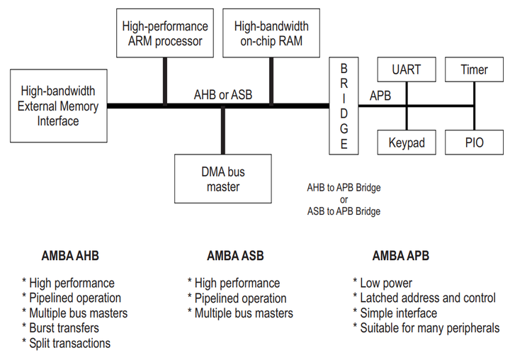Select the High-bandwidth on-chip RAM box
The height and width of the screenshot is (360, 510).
[x=271, y=33]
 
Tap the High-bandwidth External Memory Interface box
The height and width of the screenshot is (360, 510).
[x=57, y=106]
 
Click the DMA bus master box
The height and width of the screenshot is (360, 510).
[x=223, y=179]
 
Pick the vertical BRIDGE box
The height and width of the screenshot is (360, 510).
[x=344, y=106]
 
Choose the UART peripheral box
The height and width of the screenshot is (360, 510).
[x=407, y=69]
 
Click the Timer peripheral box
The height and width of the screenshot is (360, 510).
[x=474, y=69]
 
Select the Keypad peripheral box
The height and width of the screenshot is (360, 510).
[x=407, y=142]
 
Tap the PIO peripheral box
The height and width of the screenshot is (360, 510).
[x=474, y=142]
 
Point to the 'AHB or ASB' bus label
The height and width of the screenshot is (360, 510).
[x=223, y=94]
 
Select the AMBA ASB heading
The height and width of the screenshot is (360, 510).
[x=235, y=256]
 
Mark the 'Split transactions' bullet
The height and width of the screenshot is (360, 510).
[x=67, y=343]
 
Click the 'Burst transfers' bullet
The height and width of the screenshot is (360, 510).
[x=61, y=328]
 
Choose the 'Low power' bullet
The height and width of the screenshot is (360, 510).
[x=383, y=283]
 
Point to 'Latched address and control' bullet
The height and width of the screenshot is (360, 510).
[x=424, y=298]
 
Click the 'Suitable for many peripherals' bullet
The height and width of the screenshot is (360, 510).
[x=426, y=328]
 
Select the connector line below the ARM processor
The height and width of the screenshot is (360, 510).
[x=164, y=81]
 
